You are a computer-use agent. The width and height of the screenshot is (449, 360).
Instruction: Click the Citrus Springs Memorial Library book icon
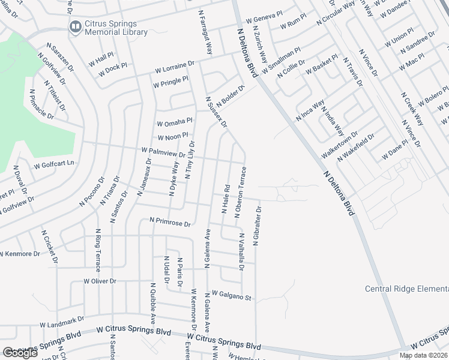(x=76, y=27)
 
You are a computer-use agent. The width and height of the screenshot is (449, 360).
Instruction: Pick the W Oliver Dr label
(x=100, y=281)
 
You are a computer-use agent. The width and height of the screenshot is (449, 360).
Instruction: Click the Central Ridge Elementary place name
(x=406, y=289)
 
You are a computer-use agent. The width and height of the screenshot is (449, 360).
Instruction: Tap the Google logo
(x=20, y=352)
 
